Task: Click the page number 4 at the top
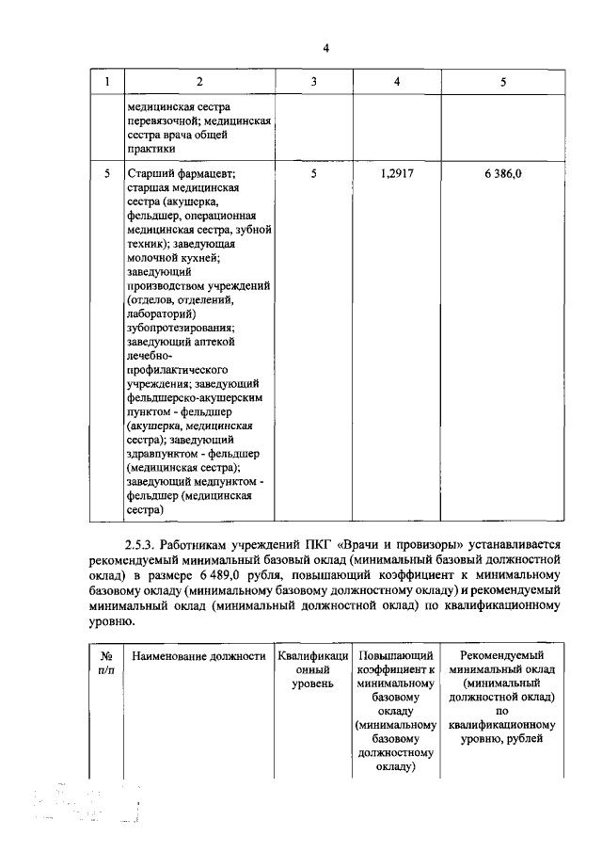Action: point(325,49)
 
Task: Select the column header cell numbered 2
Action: point(198,82)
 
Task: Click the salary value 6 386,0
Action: point(503,174)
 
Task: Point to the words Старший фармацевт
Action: point(180,174)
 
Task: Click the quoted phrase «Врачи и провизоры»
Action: point(420,545)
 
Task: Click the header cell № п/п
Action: point(107,662)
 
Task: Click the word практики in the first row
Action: point(152,148)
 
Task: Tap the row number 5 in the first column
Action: point(107,174)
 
